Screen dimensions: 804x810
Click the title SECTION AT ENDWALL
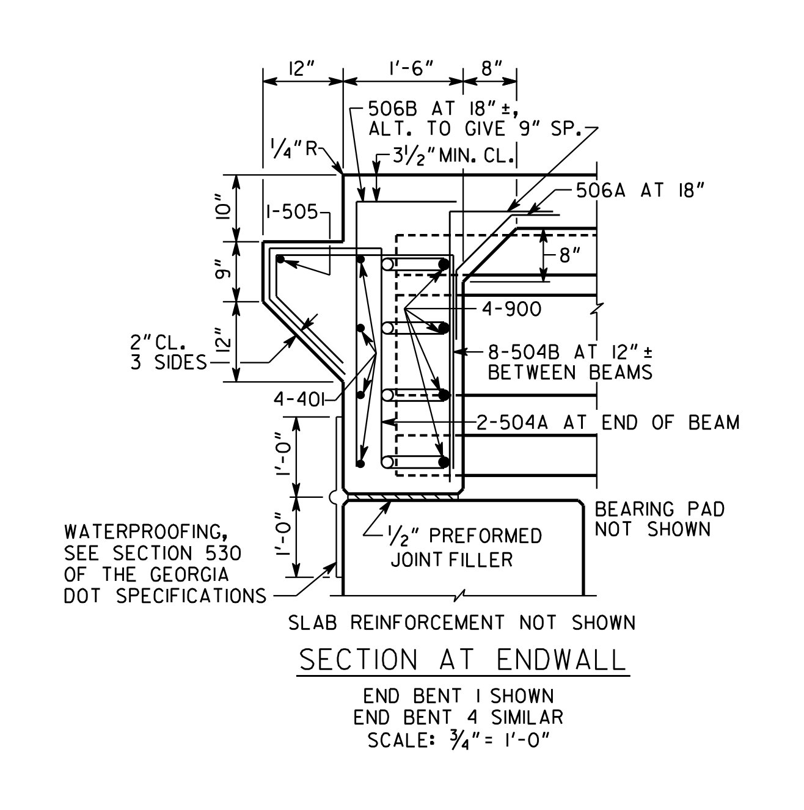[x=462, y=660]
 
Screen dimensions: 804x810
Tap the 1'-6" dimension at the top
[x=411, y=68]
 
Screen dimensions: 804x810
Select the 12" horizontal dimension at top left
[x=301, y=68]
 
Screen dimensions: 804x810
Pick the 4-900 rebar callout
[x=512, y=309]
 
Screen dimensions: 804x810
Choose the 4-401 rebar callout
[x=299, y=399]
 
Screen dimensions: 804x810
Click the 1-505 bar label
[x=292, y=212]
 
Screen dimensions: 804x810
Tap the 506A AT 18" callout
[x=640, y=191]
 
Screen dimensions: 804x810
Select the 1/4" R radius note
[x=294, y=148]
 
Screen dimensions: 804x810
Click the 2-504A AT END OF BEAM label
[x=608, y=423]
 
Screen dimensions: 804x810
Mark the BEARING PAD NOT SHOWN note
[x=659, y=519]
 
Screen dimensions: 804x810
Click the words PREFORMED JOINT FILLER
[x=466, y=548]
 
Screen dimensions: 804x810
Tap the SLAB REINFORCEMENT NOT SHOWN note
[x=462, y=622]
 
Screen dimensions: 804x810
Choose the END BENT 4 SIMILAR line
[x=458, y=729]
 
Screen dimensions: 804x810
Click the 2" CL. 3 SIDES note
[x=168, y=352]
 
